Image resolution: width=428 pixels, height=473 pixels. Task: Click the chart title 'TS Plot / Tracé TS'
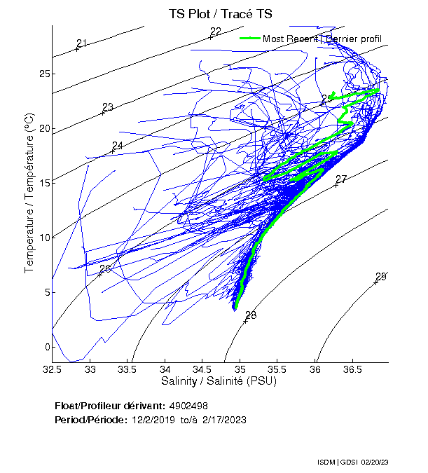(x=220, y=14)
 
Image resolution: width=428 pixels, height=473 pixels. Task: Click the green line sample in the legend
(x=249, y=38)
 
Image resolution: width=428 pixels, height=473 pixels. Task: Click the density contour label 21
(x=81, y=44)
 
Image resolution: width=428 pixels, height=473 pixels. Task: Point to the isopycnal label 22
(x=216, y=32)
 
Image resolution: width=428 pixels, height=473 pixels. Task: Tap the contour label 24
(x=118, y=146)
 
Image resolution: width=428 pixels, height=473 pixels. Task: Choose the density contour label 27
(x=341, y=179)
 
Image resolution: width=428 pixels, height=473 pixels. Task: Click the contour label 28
(x=251, y=315)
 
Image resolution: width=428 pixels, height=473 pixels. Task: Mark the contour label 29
(x=381, y=276)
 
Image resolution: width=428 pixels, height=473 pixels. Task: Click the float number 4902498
(x=188, y=406)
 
